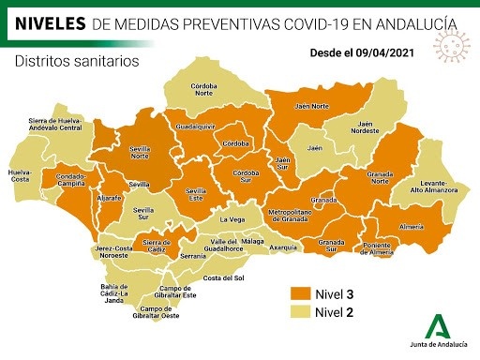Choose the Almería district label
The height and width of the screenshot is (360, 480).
[412, 228]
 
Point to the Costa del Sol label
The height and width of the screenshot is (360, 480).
[224, 278]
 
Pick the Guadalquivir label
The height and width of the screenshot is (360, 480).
[197, 126]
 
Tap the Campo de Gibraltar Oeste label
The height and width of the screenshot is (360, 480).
[159, 312]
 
